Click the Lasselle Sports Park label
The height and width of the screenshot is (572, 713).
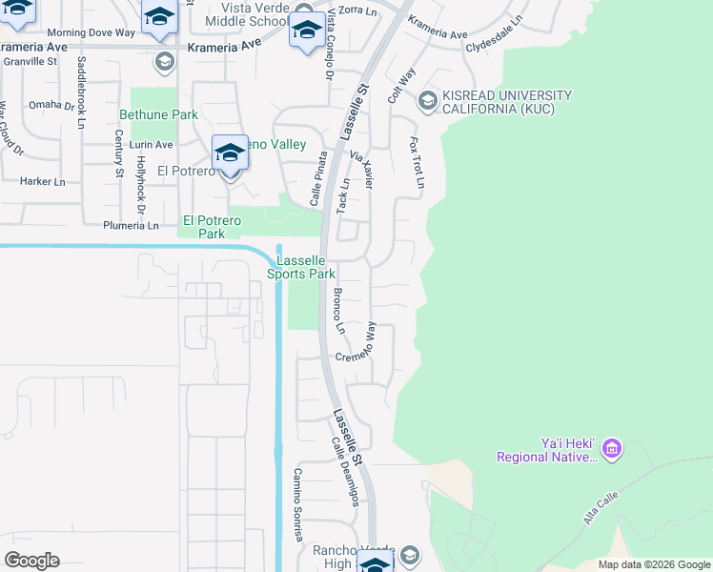(x=306, y=267)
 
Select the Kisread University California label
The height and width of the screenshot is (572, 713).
(x=506, y=102)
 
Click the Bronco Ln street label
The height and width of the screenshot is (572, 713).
(x=338, y=311)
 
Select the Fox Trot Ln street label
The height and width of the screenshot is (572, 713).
(x=416, y=161)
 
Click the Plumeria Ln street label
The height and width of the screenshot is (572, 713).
(x=132, y=226)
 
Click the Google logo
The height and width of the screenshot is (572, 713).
(x=32, y=561)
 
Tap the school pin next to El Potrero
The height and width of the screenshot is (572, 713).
(x=229, y=155)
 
